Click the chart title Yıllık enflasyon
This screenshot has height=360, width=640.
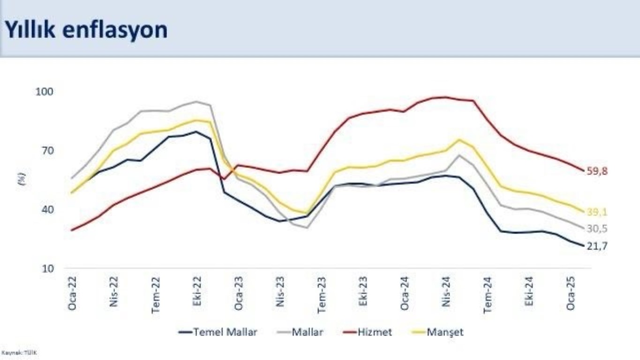[86, 30]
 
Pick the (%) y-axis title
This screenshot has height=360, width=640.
[21, 179]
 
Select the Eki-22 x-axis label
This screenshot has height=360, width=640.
[197, 294]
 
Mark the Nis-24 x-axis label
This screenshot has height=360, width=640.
[446, 294]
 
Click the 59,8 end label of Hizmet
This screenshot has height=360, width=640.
[598, 172]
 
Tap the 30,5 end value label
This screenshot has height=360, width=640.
[598, 229]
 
